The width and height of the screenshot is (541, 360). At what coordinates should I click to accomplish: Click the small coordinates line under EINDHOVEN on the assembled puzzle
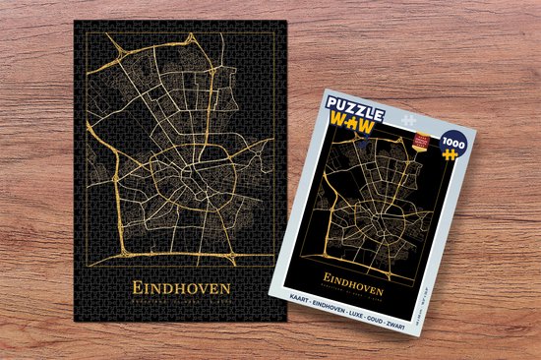(x=176, y=303)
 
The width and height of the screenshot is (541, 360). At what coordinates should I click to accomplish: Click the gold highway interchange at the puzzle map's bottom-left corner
(x=105, y=247)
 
